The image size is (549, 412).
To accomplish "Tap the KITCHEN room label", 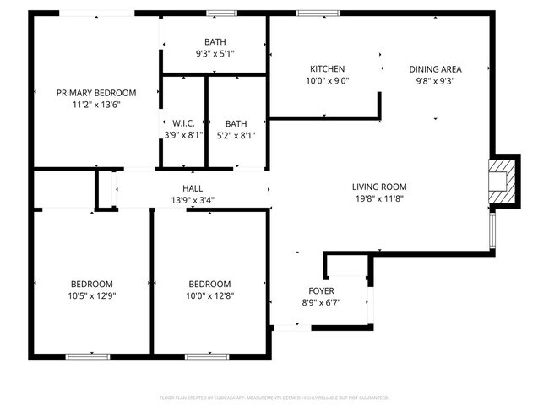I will tap(328, 69).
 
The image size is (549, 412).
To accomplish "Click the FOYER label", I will tap(320, 291).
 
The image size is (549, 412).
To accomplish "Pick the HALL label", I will tap(193, 188).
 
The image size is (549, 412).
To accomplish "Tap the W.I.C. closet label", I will tap(184, 123).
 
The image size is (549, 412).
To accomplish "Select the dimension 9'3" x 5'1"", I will tap(215, 54).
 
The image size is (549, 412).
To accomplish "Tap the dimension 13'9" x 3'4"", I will tap(193, 201).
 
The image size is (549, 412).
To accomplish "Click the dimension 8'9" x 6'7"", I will tap(320, 303).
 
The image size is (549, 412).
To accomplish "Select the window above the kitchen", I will tap(317, 13).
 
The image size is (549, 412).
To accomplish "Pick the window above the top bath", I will tap(221, 13).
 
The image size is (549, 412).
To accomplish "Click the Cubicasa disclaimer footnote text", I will tap(274, 397).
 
